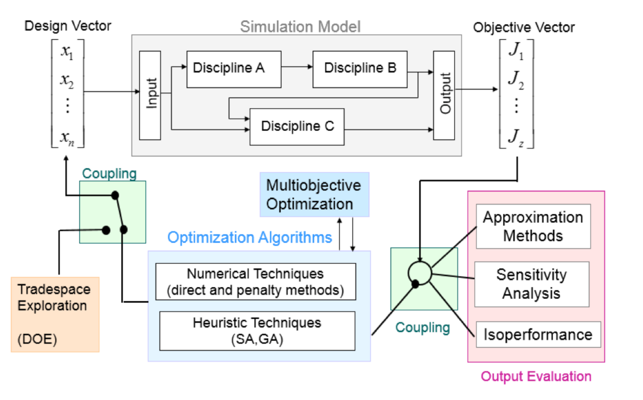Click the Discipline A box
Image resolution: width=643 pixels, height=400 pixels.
[233, 69]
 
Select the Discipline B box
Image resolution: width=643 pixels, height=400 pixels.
[360, 69]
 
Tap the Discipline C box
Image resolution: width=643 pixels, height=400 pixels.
[297, 127]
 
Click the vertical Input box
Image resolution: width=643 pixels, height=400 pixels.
[150, 95]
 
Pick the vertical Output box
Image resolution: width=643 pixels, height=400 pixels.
[444, 95]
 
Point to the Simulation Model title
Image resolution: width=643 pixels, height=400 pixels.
[300, 27]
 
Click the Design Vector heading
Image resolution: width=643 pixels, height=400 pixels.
[68, 26]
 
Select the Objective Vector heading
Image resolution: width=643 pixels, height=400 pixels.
[524, 28]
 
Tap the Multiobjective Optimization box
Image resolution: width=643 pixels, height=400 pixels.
[314, 194]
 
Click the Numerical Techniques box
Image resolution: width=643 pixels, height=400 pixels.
[255, 282]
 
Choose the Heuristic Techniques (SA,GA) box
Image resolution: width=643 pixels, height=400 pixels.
[257, 331]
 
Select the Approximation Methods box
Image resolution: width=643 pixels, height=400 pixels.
[533, 226]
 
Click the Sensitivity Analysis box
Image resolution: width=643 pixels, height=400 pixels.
[531, 284]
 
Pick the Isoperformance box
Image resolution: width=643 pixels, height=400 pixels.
[538, 334]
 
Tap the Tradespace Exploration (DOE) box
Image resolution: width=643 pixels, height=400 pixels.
[55, 314]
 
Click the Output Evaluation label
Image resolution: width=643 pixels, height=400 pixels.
[536, 376]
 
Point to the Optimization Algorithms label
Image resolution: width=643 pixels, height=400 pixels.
[250, 237]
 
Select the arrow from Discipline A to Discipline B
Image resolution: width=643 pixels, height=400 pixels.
[297, 67]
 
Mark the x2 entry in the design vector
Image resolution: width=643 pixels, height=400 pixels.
[67, 80]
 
